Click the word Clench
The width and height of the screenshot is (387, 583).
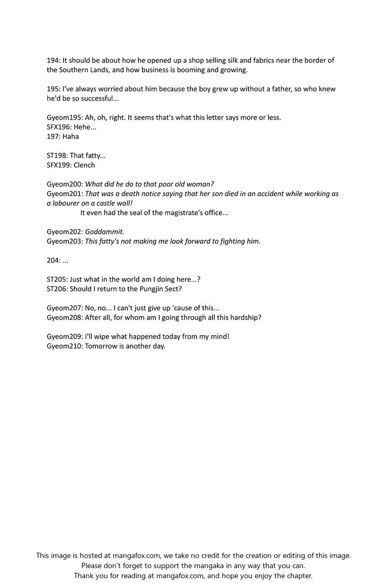point(84,165)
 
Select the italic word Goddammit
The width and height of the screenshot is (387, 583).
point(108,232)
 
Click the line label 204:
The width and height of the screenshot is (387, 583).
point(54,261)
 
